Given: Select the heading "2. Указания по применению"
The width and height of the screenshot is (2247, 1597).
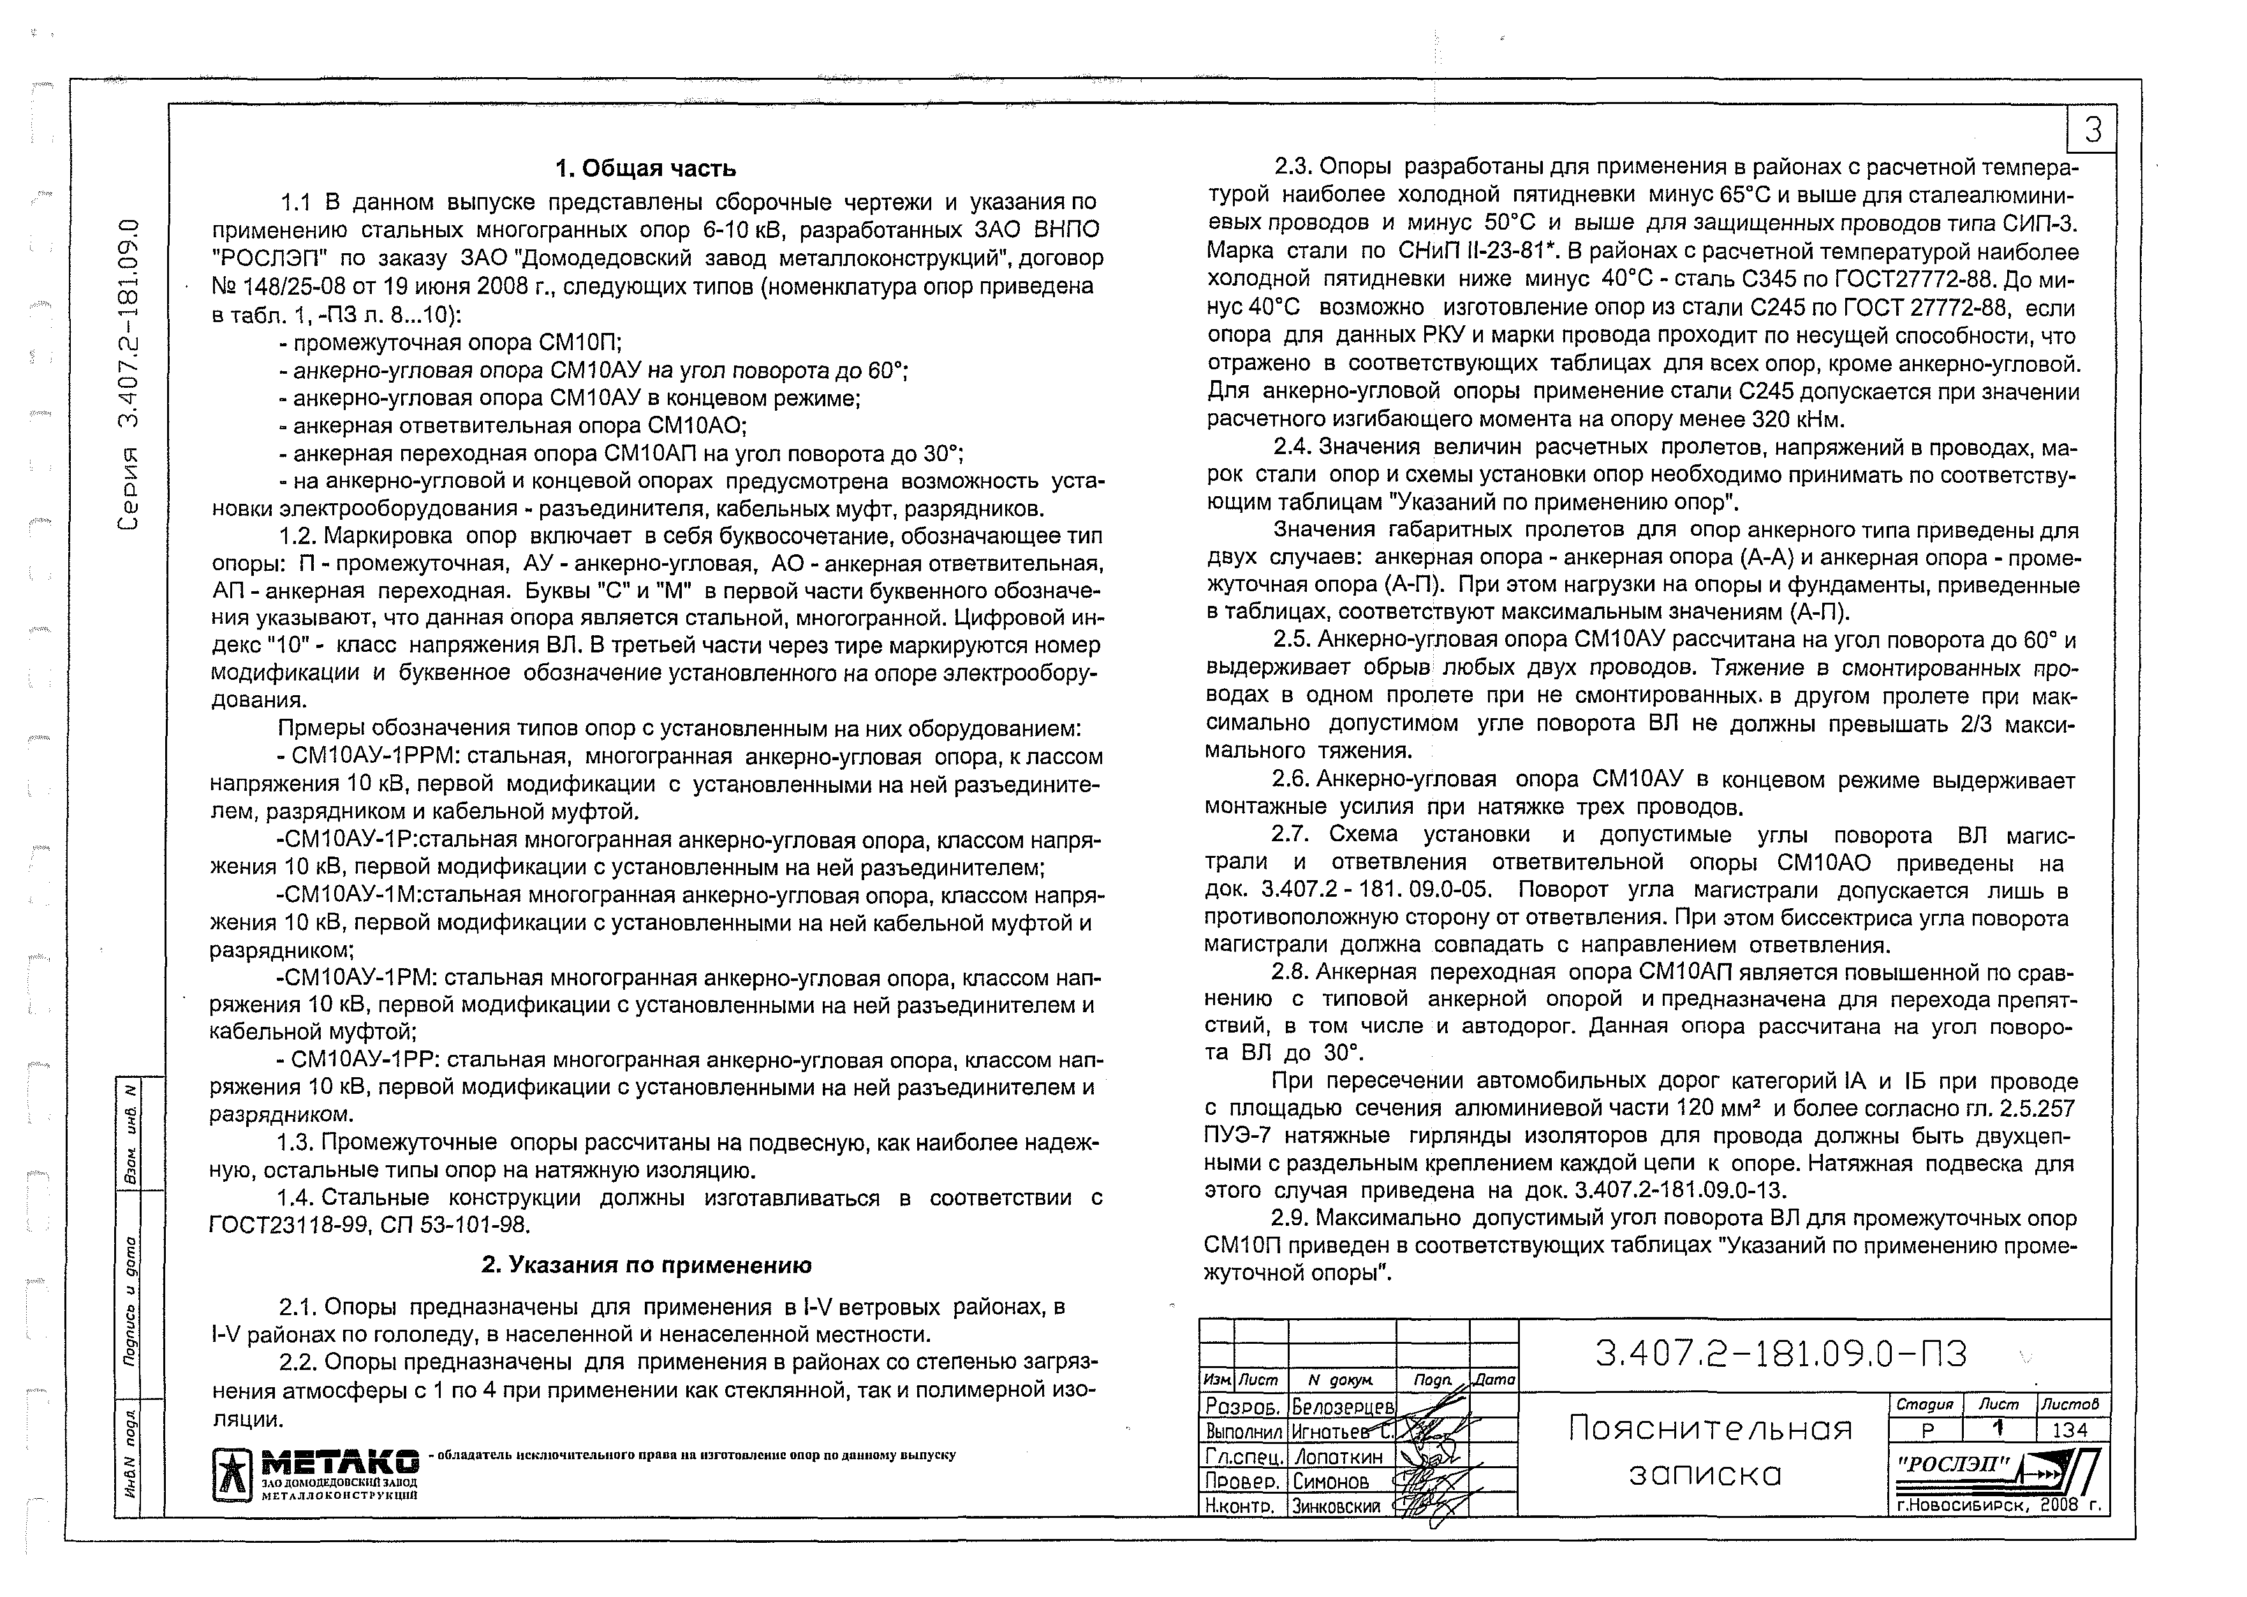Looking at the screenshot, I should pos(646,1265).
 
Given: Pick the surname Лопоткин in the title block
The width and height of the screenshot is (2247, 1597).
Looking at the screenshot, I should pos(1338,1457).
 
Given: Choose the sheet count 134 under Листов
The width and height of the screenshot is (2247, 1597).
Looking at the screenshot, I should pos(2069,1430).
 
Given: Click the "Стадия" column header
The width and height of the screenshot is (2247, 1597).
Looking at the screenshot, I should pos(1926,1405).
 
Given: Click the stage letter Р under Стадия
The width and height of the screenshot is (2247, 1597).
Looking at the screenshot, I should pos(1926,1430).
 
